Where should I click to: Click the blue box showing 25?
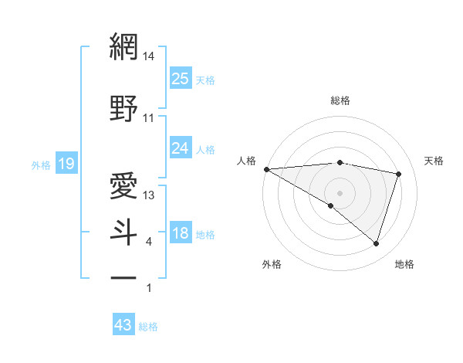coord(181,79)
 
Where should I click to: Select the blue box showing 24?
coord(181,148)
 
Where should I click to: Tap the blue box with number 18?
coord(181,233)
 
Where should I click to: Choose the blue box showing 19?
coord(66,164)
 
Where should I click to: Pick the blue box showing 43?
coord(123,326)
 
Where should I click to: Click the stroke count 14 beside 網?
coord(149,56)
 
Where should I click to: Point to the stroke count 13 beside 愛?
coord(149,195)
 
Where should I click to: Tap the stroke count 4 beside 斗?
coord(148,243)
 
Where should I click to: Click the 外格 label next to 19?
coord(40,165)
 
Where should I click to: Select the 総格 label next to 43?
coord(148,327)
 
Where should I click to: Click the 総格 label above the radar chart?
coord(340,100)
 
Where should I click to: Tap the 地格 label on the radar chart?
coord(404,264)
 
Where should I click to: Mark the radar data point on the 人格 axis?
coord(266,169)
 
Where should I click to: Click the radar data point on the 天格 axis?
coord(398,174)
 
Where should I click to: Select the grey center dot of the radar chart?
coord(340,192)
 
